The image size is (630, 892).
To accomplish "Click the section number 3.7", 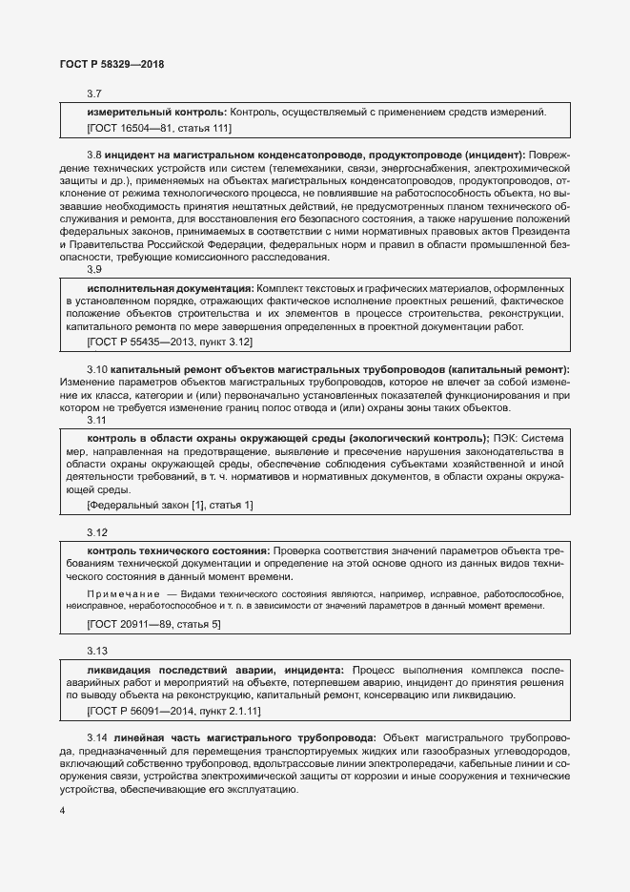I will tap(94, 93).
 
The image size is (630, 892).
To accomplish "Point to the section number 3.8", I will tap(94, 154).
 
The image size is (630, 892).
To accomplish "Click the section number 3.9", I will tap(94, 269).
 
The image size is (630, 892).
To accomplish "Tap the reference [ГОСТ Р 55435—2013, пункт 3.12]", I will tap(170, 341).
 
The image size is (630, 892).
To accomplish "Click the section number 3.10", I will tap(97, 368).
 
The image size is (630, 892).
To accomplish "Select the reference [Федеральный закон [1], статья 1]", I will tap(170, 504).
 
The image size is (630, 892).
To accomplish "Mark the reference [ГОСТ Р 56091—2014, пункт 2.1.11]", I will tap(173, 711).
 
